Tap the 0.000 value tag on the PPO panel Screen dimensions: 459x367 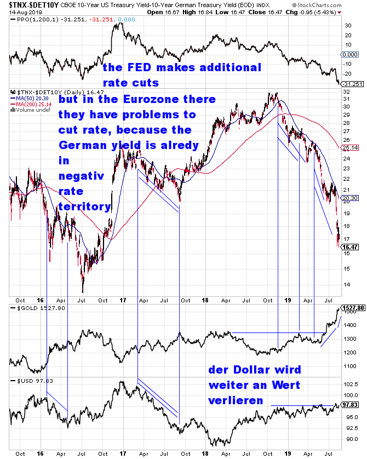[349, 55]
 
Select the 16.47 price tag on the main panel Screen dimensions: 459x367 [349, 248]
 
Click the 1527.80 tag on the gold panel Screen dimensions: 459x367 [353, 308]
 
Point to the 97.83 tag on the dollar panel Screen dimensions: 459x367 [349, 405]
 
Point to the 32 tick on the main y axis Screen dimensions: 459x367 [345, 92]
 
